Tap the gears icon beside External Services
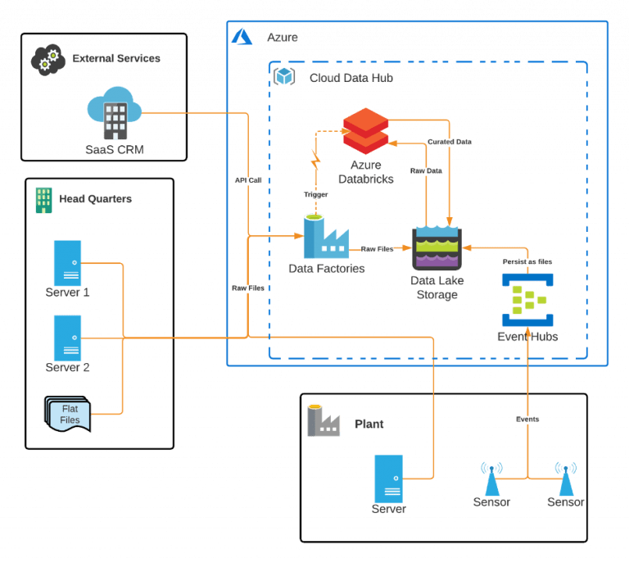click(48, 60)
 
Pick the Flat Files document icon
click(67, 415)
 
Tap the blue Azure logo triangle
click(242, 37)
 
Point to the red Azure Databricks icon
click(366, 129)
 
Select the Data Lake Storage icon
click(437, 247)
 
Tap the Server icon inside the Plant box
click(388, 478)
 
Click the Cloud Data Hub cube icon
click(284, 76)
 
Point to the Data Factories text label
click(326, 269)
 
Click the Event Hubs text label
click(528, 336)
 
